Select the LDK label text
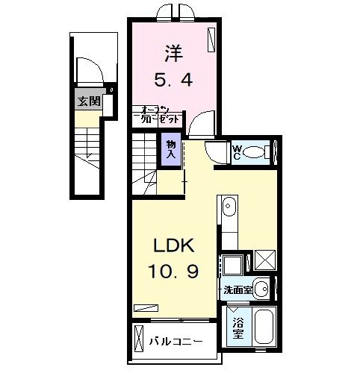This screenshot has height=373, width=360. click(x=176, y=247)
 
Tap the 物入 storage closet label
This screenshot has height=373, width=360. click(x=171, y=149)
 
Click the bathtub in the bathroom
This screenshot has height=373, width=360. click(x=262, y=329)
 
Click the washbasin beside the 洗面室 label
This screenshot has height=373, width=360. click(x=261, y=288)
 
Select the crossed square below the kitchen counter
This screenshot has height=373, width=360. click(x=264, y=260)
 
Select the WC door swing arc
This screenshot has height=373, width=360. click(x=216, y=153)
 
